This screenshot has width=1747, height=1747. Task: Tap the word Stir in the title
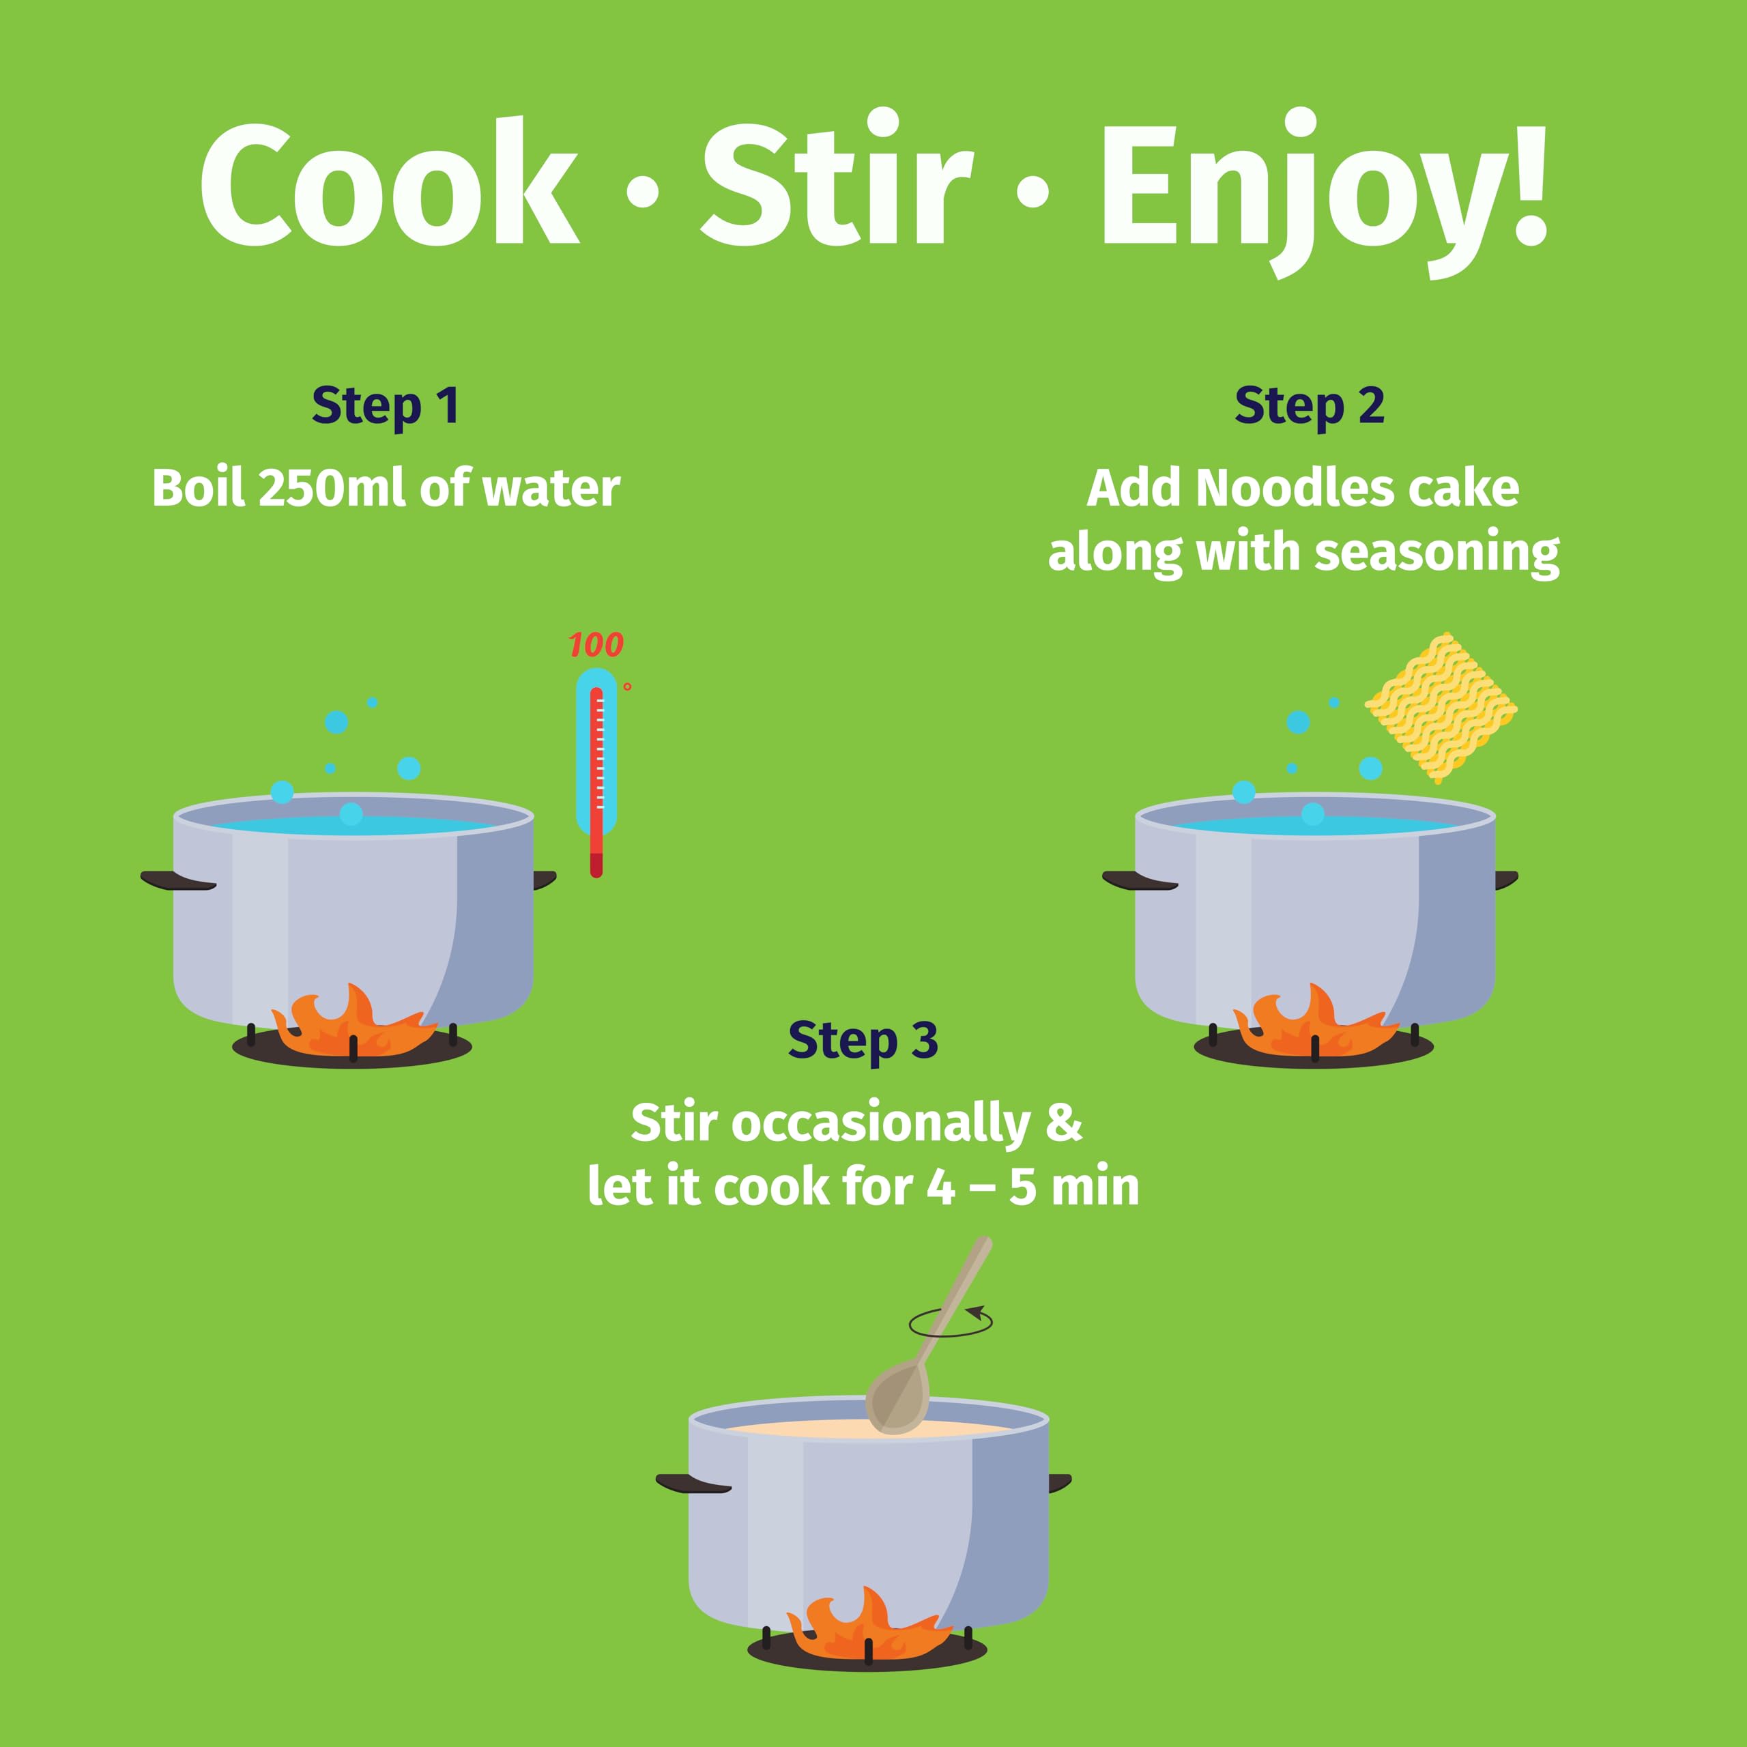click(x=837, y=179)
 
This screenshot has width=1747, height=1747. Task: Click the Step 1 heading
click(x=385, y=405)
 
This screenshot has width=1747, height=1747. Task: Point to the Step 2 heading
click(x=1310, y=405)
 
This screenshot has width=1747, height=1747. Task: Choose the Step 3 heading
click(x=863, y=1040)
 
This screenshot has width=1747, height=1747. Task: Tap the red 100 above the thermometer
click(x=596, y=645)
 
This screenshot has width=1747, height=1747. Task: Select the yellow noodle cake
click(x=1441, y=707)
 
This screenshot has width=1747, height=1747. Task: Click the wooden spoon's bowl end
click(x=897, y=1397)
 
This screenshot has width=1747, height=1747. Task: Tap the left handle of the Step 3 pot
click(x=693, y=1484)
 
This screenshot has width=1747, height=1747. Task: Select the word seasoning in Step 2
click(x=1437, y=553)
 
